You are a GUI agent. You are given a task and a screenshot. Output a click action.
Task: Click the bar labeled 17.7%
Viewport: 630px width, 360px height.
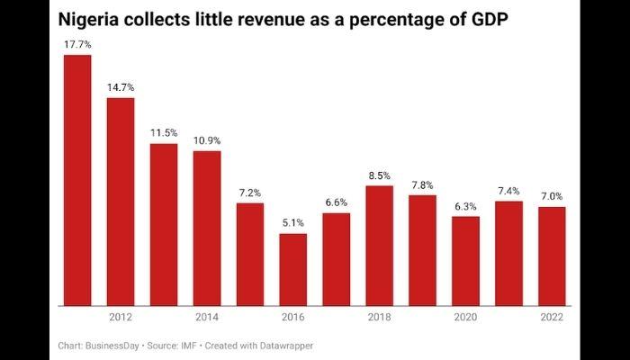point(77,180)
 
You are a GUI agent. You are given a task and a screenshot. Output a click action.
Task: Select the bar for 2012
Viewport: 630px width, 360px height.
point(121,202)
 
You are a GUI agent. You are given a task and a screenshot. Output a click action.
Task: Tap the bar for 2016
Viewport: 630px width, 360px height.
point(293,269)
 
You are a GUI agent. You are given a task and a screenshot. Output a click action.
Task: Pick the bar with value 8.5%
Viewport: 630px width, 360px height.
point(380,245)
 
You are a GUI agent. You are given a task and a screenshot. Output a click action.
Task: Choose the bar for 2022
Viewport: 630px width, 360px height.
point(552,256)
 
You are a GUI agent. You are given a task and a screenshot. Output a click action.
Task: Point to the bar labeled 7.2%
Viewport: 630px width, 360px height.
point(250,254)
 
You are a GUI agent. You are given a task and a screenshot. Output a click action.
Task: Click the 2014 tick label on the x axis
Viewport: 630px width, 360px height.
point(207,318)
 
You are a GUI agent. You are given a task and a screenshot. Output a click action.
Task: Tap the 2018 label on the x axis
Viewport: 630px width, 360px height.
point(380,318)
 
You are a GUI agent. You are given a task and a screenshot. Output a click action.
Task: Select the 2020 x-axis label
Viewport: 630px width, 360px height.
point(465,318)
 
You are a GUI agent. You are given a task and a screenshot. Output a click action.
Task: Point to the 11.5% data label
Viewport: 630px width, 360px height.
point(164,133)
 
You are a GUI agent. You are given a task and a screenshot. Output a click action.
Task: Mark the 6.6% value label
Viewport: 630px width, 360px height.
point(337,202)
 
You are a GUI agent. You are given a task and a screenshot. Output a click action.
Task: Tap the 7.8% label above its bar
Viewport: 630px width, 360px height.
point(422,185)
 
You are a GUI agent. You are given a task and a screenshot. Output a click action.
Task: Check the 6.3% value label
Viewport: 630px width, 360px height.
point(465,206)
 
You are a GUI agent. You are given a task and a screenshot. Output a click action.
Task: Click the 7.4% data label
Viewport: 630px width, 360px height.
point(508,191)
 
